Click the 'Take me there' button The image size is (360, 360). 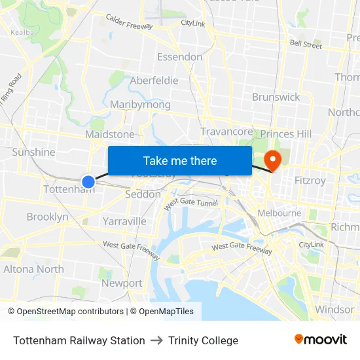[180, 161]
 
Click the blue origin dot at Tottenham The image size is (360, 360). [88, 181]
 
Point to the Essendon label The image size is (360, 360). [179, 57]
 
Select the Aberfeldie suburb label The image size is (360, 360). [154, 81]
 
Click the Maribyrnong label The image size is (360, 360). [140, 105]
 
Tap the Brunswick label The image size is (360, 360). [276, 97]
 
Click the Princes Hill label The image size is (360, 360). [286, 134]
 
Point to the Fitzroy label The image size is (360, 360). [310, 179]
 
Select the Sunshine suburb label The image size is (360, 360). [34, 152]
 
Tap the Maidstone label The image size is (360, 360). [110, 134]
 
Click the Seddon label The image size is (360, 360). [142, 194]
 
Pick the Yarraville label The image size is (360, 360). [124, 221]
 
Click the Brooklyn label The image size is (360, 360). [47, 217]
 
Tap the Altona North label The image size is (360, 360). [33, 269]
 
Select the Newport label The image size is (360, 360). [122, 283]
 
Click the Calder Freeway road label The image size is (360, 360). [129, 23]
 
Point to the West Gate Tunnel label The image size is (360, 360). [190, 204]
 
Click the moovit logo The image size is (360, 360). [320, 340]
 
